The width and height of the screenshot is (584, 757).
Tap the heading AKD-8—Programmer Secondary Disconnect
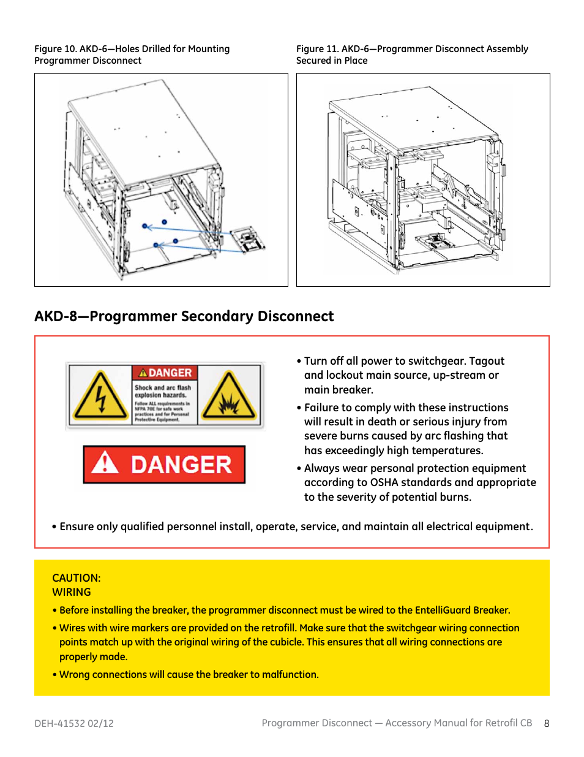(184, 316)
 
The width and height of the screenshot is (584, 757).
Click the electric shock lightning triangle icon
(100, 396)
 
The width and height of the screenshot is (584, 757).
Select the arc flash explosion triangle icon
(229, 396)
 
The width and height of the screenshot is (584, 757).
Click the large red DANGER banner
(164, 465)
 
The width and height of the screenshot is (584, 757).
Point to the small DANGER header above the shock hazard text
(165, 373)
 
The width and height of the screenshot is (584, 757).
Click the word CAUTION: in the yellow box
(77, 578)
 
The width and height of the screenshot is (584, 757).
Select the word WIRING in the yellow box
(72, 592)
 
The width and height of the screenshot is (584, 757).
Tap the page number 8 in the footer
(547, 723)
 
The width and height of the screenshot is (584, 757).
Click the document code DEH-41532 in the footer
(59, 723)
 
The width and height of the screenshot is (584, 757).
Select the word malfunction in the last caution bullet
(290, 674)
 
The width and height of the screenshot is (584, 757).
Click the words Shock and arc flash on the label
(163, 387)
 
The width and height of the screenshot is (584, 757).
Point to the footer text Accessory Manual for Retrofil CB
(459, 723)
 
